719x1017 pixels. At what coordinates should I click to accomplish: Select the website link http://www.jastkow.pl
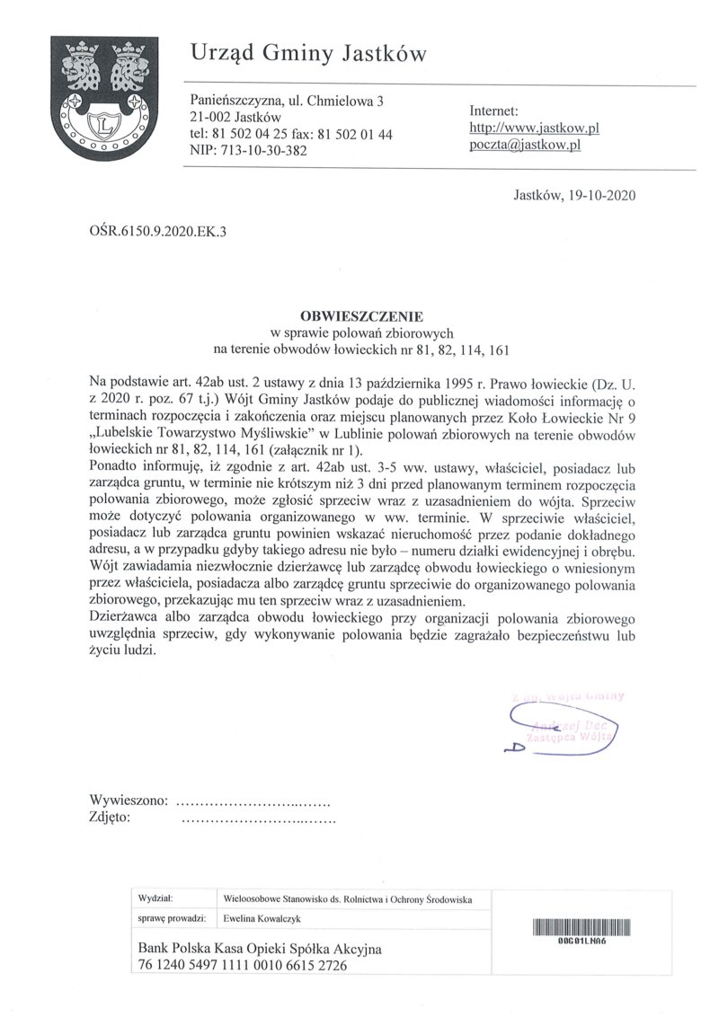534,128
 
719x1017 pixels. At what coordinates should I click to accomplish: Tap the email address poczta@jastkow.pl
525,145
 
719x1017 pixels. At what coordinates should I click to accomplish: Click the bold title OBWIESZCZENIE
360,315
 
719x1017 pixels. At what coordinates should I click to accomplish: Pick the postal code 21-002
211,117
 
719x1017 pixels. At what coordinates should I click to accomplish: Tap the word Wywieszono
128,800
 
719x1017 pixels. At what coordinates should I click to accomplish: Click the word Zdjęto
111,818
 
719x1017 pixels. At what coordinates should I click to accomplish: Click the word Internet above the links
494,111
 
